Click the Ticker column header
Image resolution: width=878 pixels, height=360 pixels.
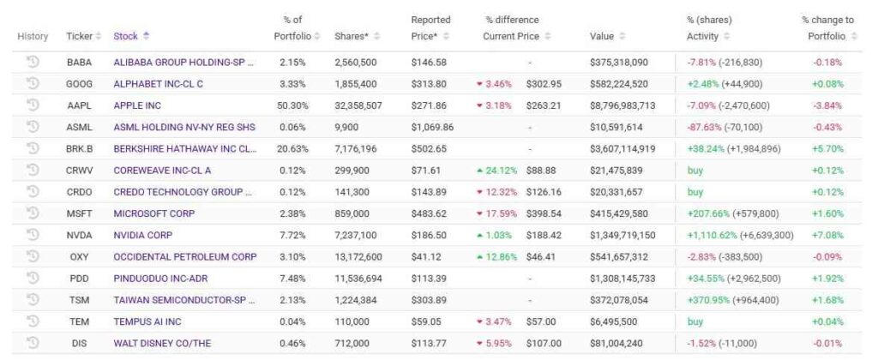tap(79, 36)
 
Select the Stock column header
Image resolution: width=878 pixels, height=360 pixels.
tap(125, 36)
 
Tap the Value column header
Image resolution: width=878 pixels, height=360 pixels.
tap(602, 36)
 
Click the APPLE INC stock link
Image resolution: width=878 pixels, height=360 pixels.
tap(137, 105)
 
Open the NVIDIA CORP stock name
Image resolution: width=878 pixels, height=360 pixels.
tap(142, 235)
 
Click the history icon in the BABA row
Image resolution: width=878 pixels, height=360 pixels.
tap(33, 62)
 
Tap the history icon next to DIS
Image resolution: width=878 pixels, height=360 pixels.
tap(33, 343)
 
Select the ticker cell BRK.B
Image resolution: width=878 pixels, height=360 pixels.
tap(79, 148)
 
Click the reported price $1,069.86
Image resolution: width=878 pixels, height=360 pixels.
tap(432, 127)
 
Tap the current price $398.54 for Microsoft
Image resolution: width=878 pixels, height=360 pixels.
tap(543, 213)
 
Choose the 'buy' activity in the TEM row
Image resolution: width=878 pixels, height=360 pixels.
tap(695, 321)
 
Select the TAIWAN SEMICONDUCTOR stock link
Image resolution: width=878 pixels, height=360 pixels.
tap(184, 300)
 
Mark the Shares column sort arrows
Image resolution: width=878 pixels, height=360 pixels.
tap(377, 36)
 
